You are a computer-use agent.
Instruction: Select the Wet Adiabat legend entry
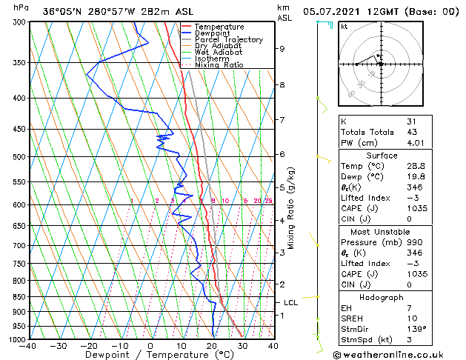tap(219, 53)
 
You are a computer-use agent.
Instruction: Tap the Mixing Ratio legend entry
tap(218, 65)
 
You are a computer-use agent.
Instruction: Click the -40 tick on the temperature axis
tap(29, 346)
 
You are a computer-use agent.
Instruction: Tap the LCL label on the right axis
tap(291, 303)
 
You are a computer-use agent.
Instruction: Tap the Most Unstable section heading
tap(381, 232)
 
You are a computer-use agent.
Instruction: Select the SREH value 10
tap(412, 318)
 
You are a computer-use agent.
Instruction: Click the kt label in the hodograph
tap(344, 26)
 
